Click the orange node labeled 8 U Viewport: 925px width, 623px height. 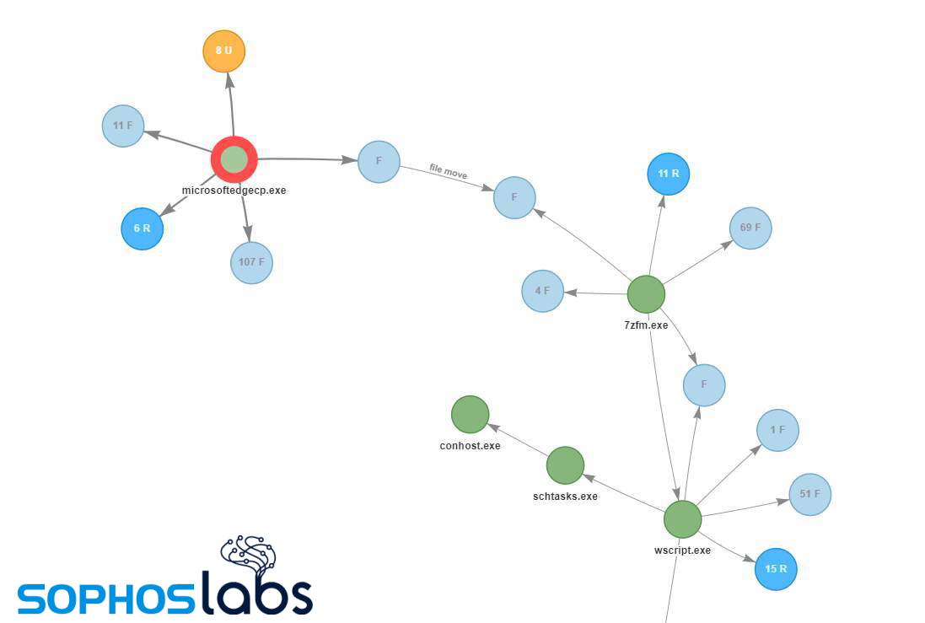(223, 51)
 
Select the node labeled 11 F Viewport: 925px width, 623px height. (123, 126)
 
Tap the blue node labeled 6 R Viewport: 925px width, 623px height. (143, 228)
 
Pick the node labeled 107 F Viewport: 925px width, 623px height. (251, 262)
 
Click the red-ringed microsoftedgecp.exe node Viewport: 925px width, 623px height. (234, 159)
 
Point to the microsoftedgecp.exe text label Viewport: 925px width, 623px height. (234, 191)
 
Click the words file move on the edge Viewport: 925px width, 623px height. (448, 172)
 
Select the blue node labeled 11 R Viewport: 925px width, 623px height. (669, 175)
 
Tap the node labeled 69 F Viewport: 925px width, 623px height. (750, 228)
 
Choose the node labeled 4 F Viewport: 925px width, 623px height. (542, 291)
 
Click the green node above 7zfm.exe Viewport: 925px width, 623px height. (646, 294)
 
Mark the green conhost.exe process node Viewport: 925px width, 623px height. (471, 415)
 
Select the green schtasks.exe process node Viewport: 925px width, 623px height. (565, 465)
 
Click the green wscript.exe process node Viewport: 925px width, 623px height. (682, 519)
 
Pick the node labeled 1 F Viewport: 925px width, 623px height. (777, 430)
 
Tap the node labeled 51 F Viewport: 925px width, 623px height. (809, 494)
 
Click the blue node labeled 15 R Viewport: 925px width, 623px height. (776, 569)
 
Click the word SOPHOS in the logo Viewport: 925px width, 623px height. (105, 598)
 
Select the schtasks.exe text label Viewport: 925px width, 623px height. (565, 497)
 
